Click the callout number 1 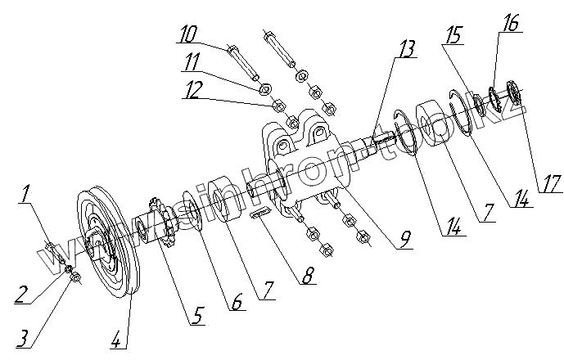27,195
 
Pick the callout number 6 236,302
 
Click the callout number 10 187,34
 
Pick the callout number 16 511,25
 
